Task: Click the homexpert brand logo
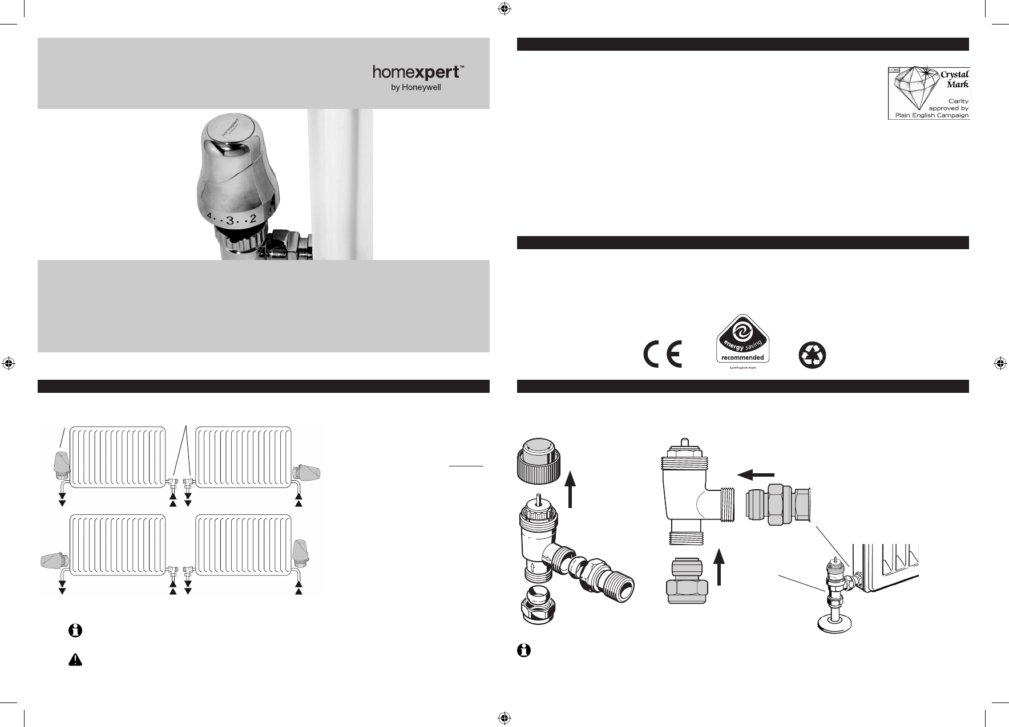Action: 418,72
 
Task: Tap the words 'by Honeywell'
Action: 419,88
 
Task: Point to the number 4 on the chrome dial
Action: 209,217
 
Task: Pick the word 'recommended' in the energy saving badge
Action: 742,358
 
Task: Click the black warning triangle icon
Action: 75,660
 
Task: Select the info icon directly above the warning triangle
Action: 75,631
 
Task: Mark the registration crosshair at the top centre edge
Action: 503,8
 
